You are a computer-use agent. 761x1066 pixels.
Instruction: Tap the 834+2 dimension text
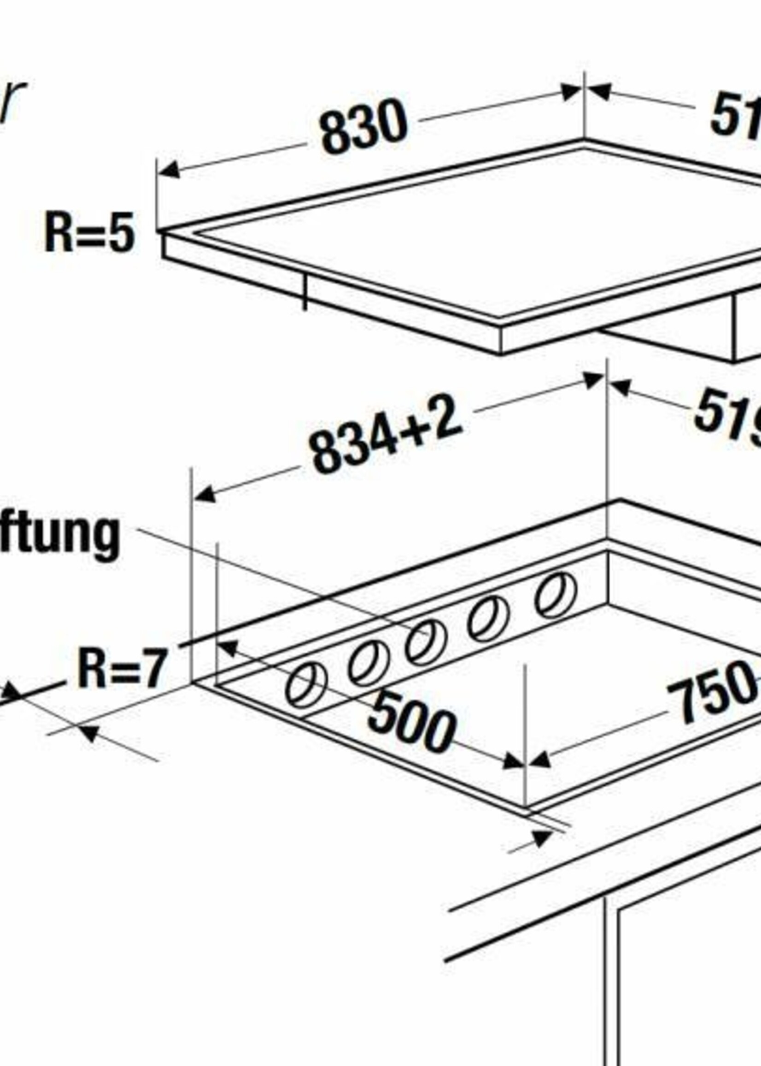click(385, 434)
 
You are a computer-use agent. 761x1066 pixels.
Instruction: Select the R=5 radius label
click(89, 233)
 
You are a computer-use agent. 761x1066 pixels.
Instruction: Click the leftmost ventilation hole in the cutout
click(306, 685)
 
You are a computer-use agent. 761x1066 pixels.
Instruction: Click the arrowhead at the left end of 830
click(169, 170)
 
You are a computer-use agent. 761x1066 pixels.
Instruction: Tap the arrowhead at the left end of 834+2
click(205, 495)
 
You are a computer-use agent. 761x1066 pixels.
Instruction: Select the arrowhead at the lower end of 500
click(512, 761)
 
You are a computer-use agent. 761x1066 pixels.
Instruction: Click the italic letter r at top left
click(12, 101)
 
